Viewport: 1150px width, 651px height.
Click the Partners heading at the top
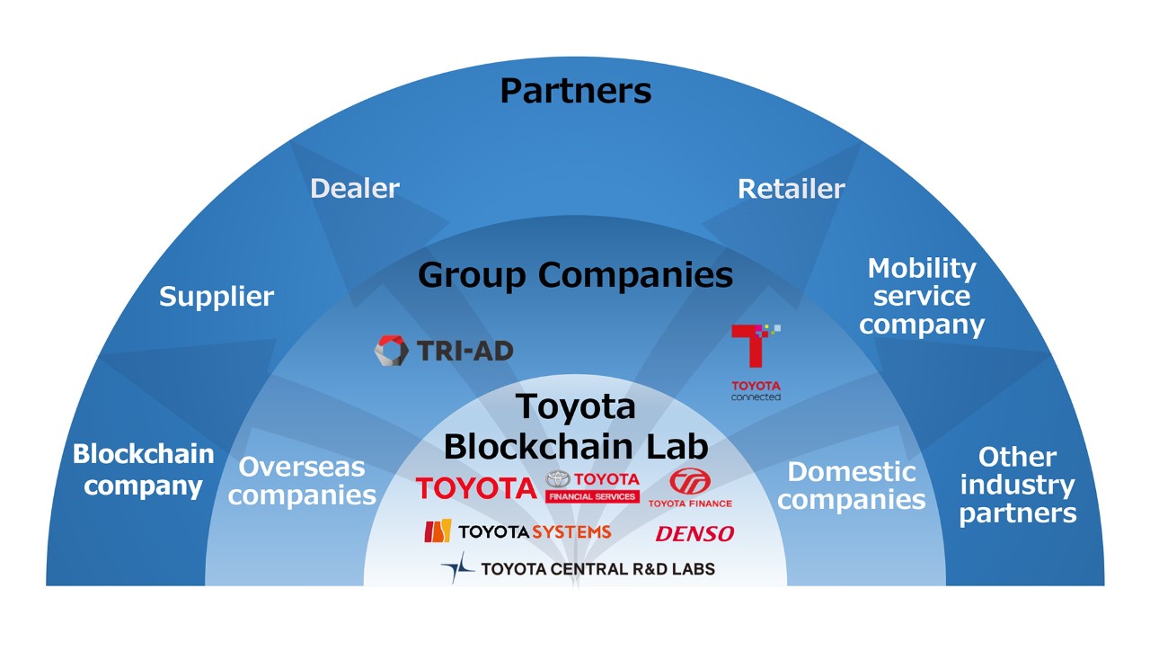pos(575,91)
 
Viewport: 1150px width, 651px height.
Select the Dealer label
pos(355,189)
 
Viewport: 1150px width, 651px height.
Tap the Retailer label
pos(791,189)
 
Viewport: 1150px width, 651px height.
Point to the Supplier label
pos(217,297)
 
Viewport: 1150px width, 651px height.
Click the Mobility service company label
pos(922,297)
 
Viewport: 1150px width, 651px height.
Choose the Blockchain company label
pos(144,469)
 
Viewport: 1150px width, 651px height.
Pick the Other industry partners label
pos(1017,485)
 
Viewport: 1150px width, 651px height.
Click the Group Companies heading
pos(575,275)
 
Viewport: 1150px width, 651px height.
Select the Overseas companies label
pos(302,481)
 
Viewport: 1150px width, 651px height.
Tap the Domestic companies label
pos(851,485)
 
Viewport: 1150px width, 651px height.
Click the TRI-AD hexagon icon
pos(391,351)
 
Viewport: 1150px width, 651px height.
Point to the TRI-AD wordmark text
pos(464,351)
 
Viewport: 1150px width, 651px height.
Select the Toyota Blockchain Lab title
pos(575,426)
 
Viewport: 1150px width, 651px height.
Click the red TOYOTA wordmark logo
pos(475,488)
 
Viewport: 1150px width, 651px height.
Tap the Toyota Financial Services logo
pos(592,486)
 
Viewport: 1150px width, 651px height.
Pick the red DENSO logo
pos(694,534)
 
